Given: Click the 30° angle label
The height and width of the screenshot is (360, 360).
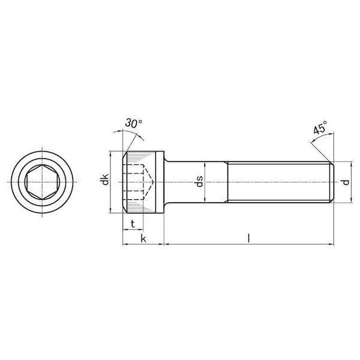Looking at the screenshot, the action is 133,123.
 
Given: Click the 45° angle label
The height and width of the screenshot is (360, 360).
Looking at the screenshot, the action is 320,127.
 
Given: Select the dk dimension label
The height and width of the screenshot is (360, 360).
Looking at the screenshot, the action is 105,180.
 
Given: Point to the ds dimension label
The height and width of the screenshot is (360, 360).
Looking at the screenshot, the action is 199,181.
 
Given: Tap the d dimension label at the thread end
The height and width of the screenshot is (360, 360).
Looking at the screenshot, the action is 346,182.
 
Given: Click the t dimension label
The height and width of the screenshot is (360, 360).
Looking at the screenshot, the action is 133,224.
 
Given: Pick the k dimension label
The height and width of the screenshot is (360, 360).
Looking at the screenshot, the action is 143,239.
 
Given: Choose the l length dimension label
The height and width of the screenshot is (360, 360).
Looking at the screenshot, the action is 248,238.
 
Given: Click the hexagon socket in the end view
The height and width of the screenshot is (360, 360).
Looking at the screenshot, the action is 42,182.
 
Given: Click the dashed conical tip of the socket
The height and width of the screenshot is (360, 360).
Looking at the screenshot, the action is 149,182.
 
